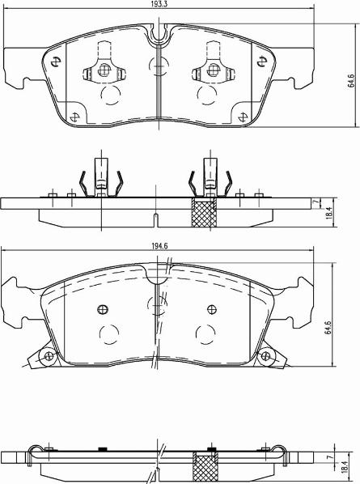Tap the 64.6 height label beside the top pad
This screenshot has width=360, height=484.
[350, 82]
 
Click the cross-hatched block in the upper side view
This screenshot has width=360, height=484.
[206, 213]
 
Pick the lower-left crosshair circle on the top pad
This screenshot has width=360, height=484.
[75, 116]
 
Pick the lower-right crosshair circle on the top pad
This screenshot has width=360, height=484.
[241, 116]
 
